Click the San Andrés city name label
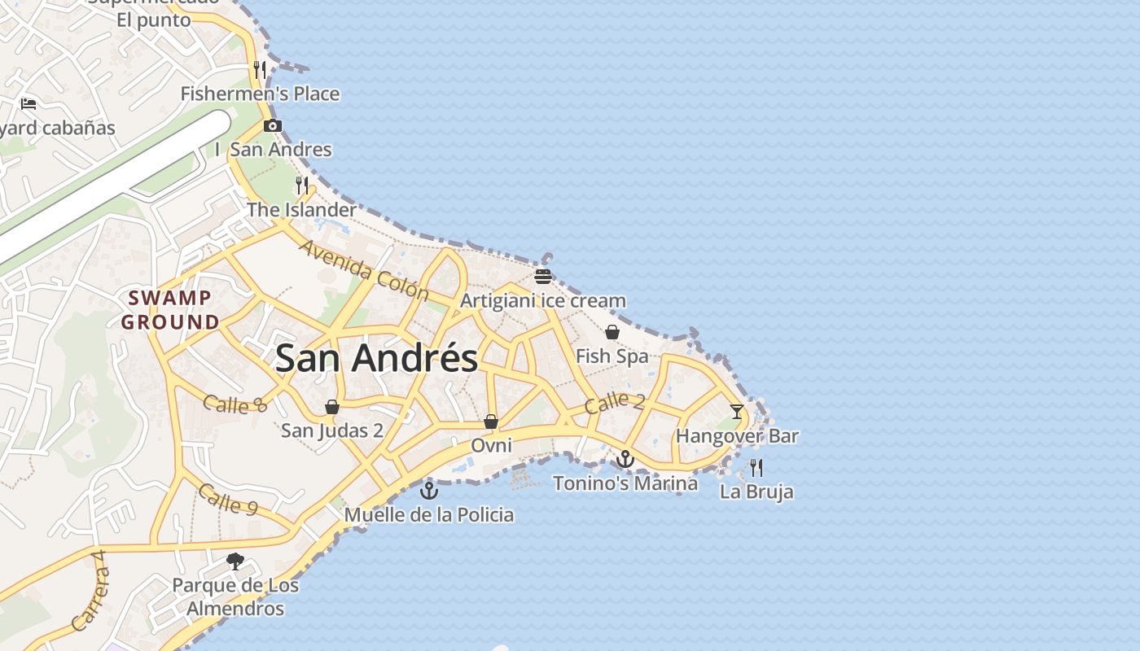pyautogui.click(x=376, y=358)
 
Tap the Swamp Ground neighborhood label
pyautogui.click(x=170, y=310)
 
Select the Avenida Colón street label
pyautogui.click(x=364, y=269)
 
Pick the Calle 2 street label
pyautogui.click(x=615, y=402)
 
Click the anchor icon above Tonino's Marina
pyautogui.click(x=625, y=460)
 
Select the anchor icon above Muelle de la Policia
pyautogui.click(x=428, y=491)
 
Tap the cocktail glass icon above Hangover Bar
pyautogui.click(x=737, y=412)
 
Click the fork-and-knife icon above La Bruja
pyautogui.click(x=756, y=468)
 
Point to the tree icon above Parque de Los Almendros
pyautogui.click(x=235, y=561)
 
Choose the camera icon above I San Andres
pyautogui.click(x=273, y=125)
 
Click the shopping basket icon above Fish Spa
pyautogui.click(x=612, y=332)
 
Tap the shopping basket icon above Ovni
pyautogui.click(x=491, y=422)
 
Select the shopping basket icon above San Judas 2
pyautogui.click(x=332, y=407)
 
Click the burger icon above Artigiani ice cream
pyautogui.click(x=543, y=277)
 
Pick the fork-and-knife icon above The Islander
pyautogui.click(x=302, y=186)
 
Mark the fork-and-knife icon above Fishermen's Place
pyautogui.click(x=260, y=70)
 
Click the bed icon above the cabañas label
pyautogui.click(x=28, y=104)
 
